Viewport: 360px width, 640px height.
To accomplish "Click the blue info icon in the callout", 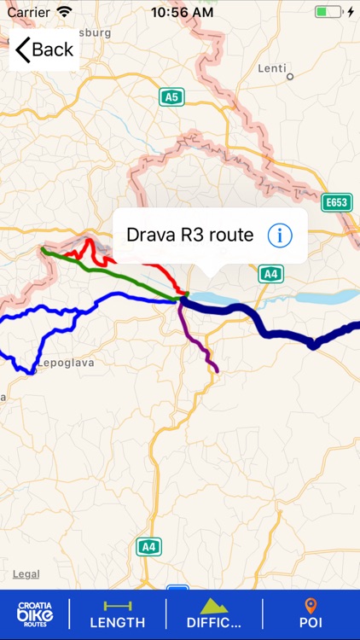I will (x=280, y=236).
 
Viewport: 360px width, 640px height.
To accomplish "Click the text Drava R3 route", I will (x=189, y=236).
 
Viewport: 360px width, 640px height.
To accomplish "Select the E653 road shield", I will (x=337, y=203).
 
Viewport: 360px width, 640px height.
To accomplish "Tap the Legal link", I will (x=26, y=574).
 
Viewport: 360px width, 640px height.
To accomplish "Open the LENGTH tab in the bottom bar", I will (x=118, y=614).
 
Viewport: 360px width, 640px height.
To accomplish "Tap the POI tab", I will (x=311, y=614).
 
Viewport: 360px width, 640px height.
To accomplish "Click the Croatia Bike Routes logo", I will (x=35, y=614).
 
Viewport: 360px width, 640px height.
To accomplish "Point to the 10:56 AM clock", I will (x=181, y=13).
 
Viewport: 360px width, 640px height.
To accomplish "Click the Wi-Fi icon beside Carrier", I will (x=65, y=12).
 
